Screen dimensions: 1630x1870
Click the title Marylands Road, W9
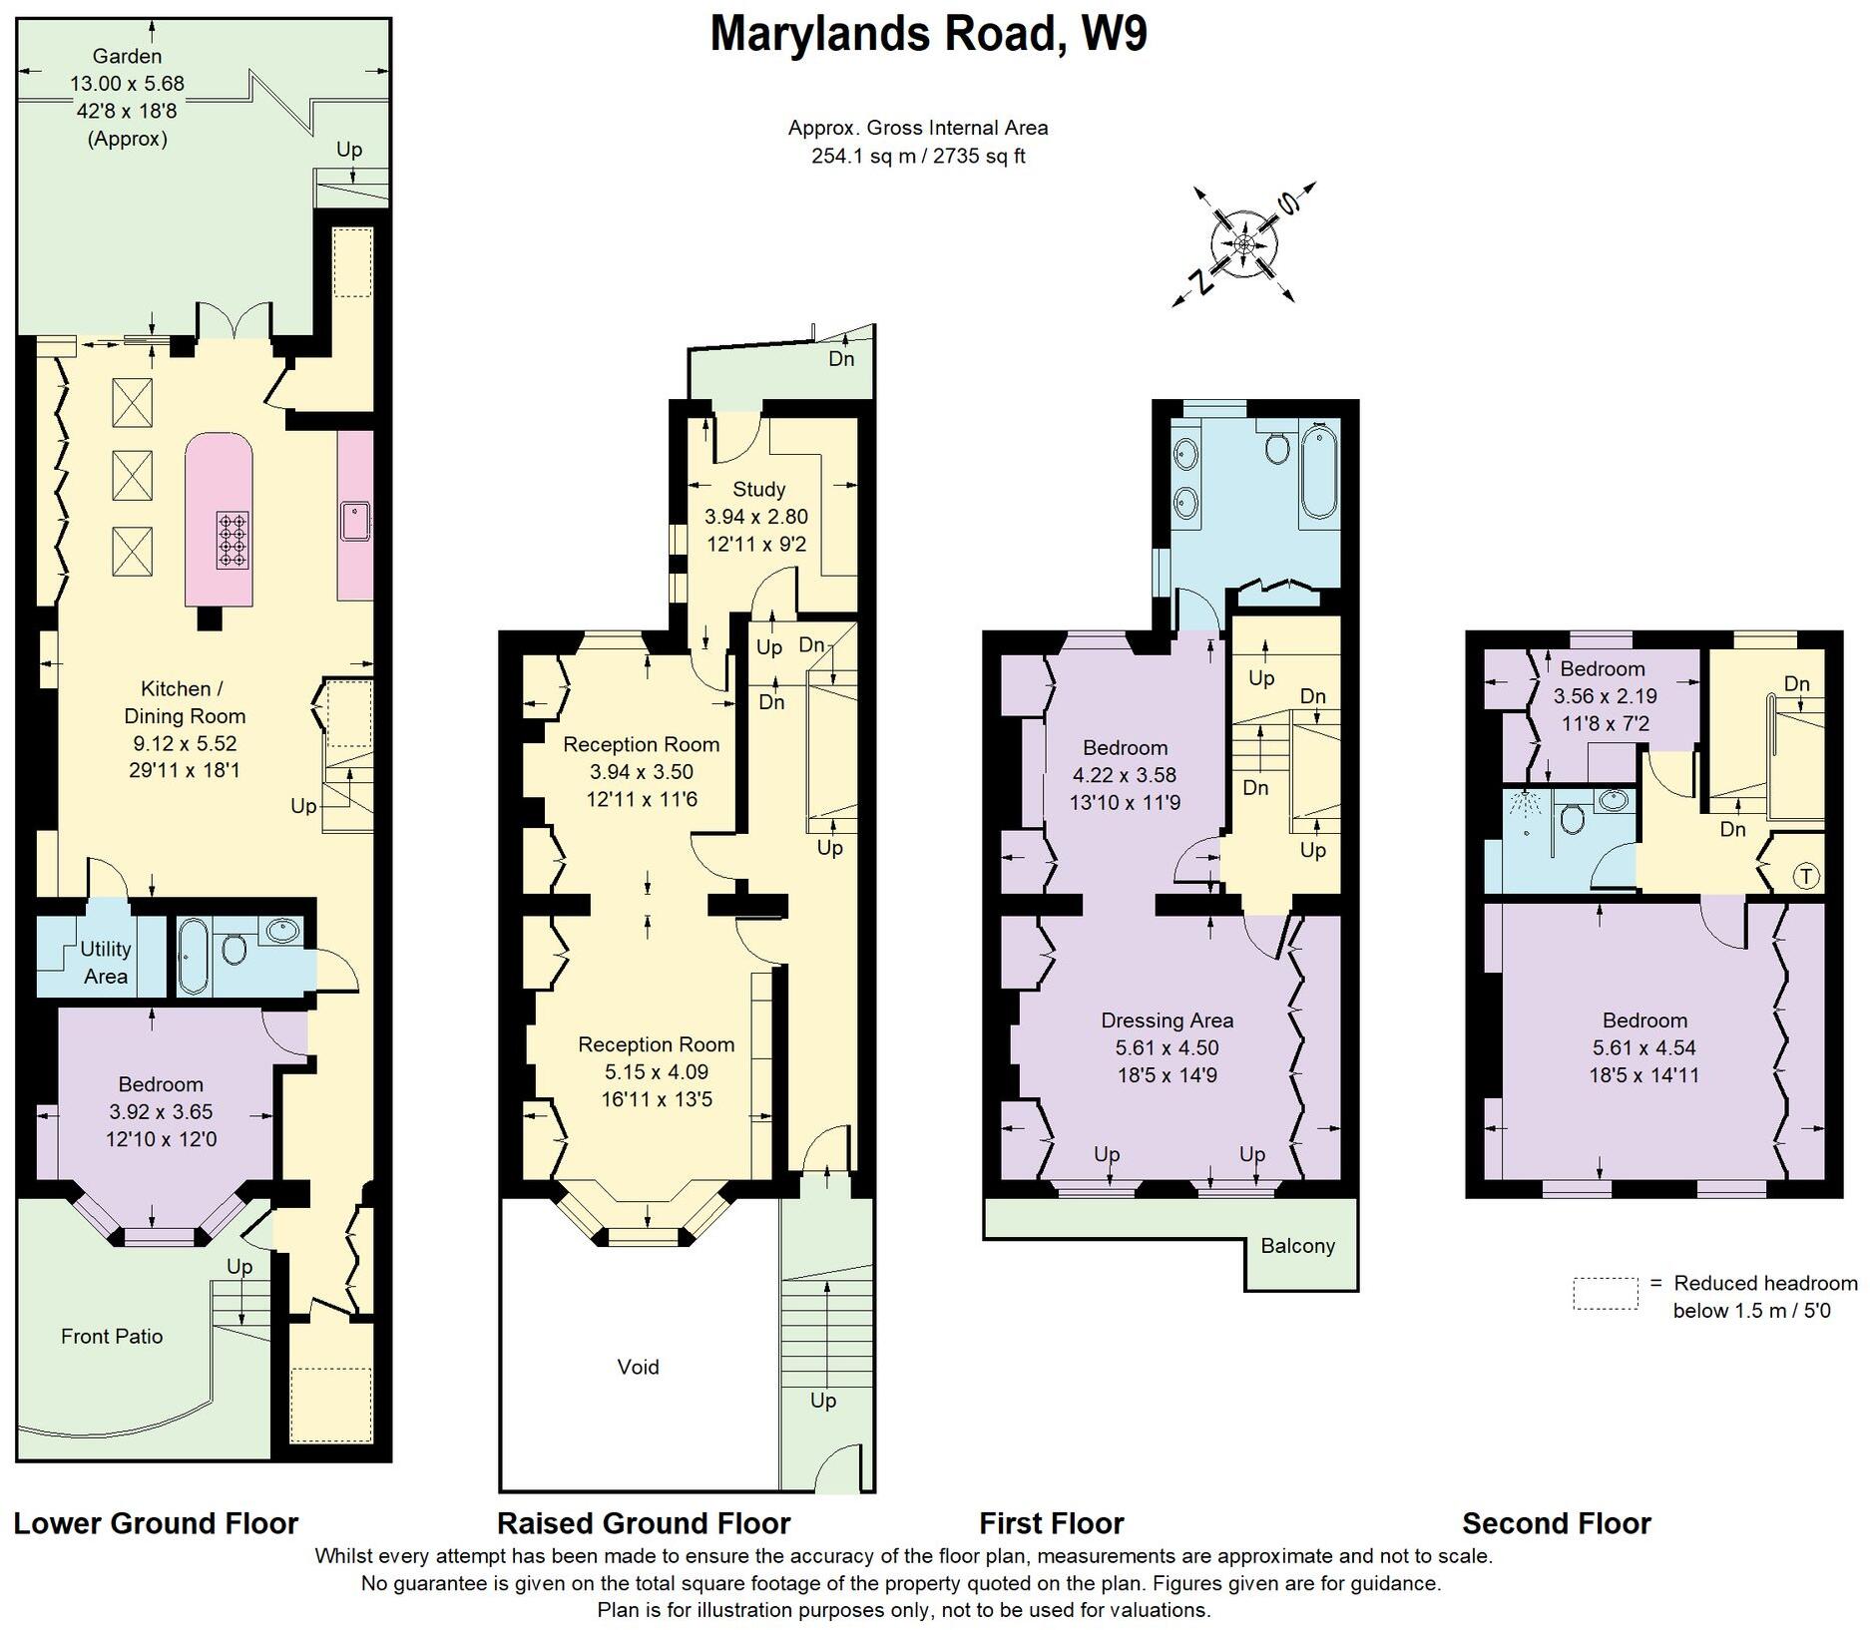pyautogui.click(x=928, y=34)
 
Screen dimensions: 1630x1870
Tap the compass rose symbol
pyautogui.click(x=1244, y=244)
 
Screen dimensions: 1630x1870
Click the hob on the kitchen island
pyautogui.click(x=233, y=540)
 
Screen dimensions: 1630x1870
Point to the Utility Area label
pyautogui.click(x=105, y=962)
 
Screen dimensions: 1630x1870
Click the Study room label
pyautogui.click(x=758, y=489)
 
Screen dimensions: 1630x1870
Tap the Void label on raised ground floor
pyautogui.click(x=638, y=1367)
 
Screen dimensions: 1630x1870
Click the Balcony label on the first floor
pyautogui.click(x=1297, y=1245)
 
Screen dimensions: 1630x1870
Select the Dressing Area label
pyautogui.click(x=1167, y=1019)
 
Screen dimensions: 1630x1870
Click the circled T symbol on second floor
pyautogui.click(x=1806, y=877)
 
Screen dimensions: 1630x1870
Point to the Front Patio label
pyautogui.click(x=112, y=1336)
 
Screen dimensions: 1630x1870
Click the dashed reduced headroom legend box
pyautogui.click(x=1606, y=1293)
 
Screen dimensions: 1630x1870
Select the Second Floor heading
pyautogui.click(x=1556, y=1523)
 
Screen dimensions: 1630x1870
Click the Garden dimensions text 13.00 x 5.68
pyautogui.click(x=127, y=84)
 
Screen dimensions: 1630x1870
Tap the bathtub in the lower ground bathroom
pyautogui.click(x=193, y=956)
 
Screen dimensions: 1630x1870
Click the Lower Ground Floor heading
pyautogui.click(x=156, y=1523)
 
